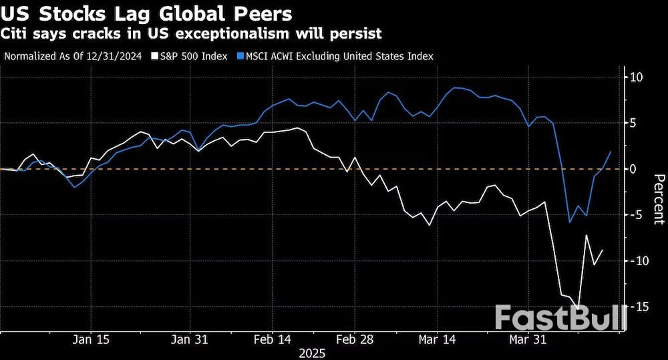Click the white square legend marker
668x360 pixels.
(156, 57)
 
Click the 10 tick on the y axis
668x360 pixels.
(637, 77)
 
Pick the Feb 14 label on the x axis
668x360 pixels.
(273, 339)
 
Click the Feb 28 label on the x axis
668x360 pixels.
(355, 339)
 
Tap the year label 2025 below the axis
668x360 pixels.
(311, 352)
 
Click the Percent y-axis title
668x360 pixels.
(659, 198)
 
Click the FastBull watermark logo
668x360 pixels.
(561, 318)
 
